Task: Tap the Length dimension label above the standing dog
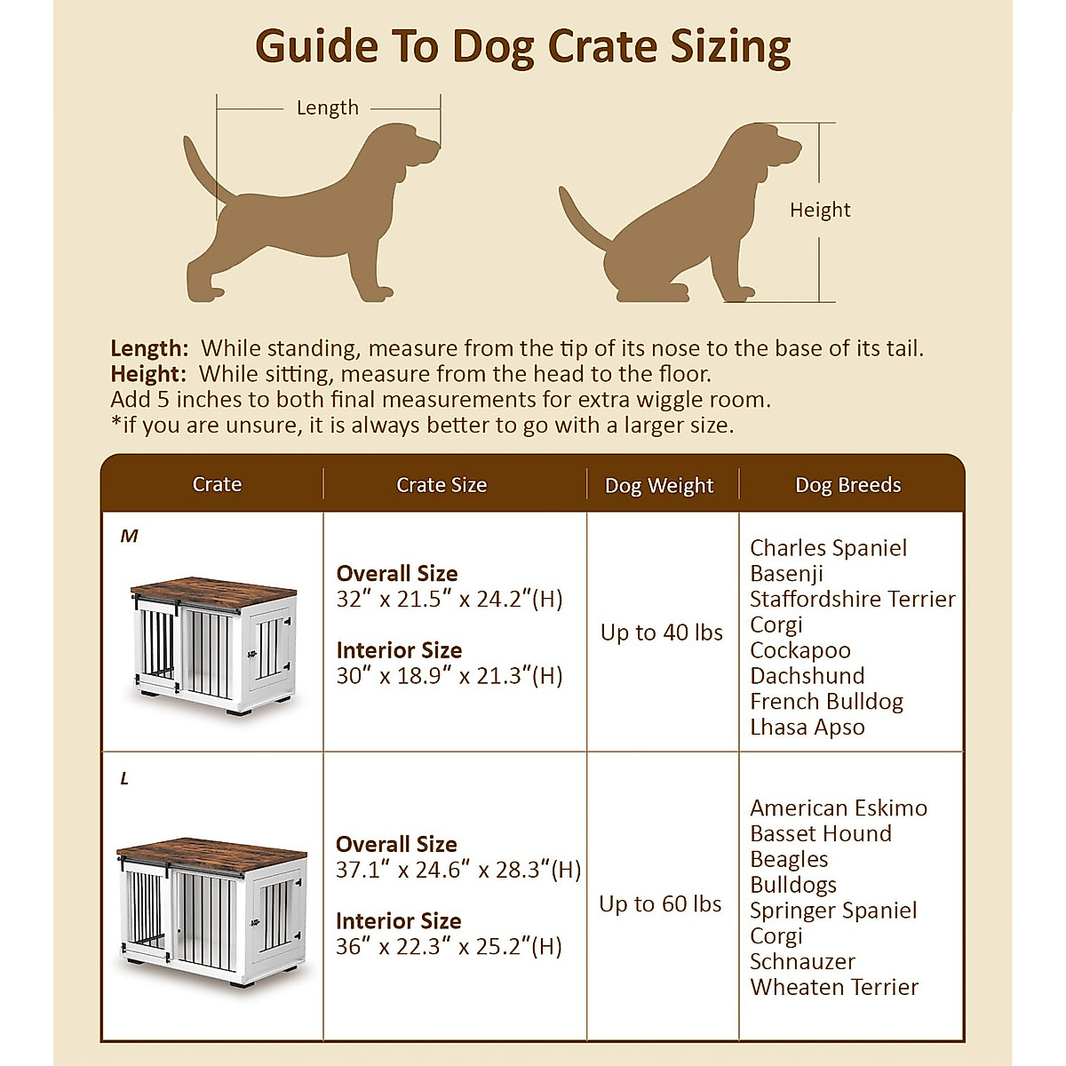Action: pos(327,107)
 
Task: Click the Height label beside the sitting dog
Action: pos(819,210)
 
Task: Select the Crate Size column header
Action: pos(442,485)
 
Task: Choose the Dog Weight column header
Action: pos(658,486)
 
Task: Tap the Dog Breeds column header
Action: pos(847,485)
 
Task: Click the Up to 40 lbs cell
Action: pos(661,632)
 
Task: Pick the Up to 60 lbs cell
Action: pos(660,903)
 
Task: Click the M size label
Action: pos(130,536)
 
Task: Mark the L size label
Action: pos(125,778)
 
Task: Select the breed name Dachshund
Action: pos(807,675)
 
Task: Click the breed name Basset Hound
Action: pos(820,833)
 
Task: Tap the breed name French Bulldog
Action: pos(826,701)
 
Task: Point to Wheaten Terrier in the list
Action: pos(834,987)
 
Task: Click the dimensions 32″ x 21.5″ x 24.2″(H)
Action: pos(449,599)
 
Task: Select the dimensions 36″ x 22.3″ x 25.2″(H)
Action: pos(449,946)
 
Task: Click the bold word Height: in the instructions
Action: pos(148,374)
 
